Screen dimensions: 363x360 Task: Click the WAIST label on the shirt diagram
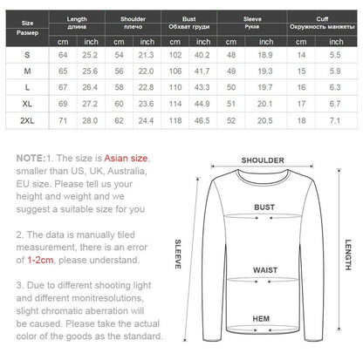tap(264, 271)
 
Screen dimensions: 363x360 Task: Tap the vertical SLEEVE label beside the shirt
tap(178, 253)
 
